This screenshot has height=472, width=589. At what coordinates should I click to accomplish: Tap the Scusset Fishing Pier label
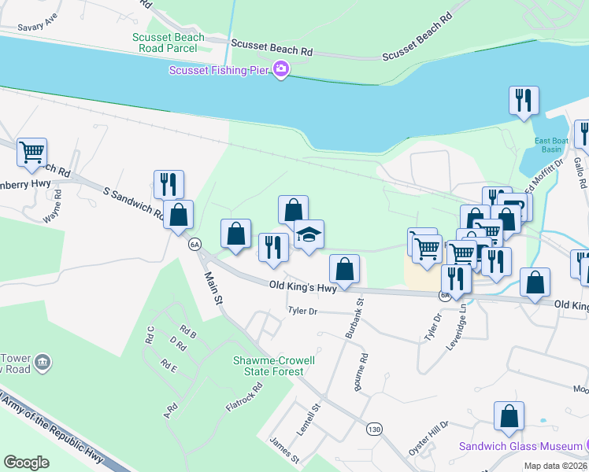(x=220, y=71)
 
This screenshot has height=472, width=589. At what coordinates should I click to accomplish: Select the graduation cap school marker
(x=309, y=234)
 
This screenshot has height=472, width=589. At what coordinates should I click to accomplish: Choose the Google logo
(x=26, y=463)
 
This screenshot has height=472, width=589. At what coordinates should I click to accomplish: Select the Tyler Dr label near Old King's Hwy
(x=302, y=312)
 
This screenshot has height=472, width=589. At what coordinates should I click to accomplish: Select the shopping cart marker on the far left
(x=31, y=152)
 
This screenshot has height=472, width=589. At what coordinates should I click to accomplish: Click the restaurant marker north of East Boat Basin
(x=523, y=101)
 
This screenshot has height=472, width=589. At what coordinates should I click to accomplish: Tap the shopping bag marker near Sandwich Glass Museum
(x=509, y=416)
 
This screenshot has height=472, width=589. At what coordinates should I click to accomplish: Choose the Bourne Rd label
(x=364, y=368)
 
